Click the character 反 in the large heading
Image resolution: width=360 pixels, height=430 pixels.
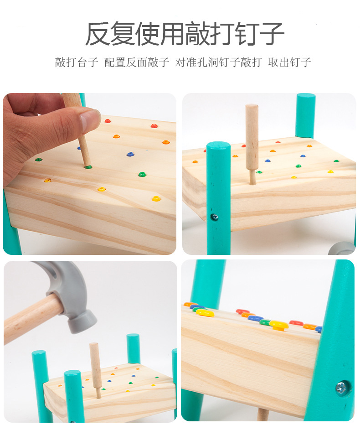[98, 34]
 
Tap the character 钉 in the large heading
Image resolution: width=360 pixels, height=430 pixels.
[247, 34]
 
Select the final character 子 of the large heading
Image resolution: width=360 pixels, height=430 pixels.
[272, 34]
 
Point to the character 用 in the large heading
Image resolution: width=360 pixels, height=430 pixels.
[173, 34]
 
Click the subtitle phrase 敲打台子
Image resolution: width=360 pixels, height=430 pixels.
[77, 62]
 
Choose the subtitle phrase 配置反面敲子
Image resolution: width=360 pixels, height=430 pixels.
[137, 62]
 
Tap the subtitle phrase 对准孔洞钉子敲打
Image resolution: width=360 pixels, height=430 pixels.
[218, 62]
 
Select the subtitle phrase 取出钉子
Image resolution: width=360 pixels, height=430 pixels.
[289, 62]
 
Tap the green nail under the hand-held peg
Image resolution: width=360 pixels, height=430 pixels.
[88, 166]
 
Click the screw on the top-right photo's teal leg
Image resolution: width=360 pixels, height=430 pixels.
[214, 217]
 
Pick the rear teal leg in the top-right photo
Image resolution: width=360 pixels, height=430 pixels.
[305, 115]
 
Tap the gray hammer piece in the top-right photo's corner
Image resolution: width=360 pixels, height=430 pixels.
[342, 249]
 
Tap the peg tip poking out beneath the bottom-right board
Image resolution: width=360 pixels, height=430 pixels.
[263, 414]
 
